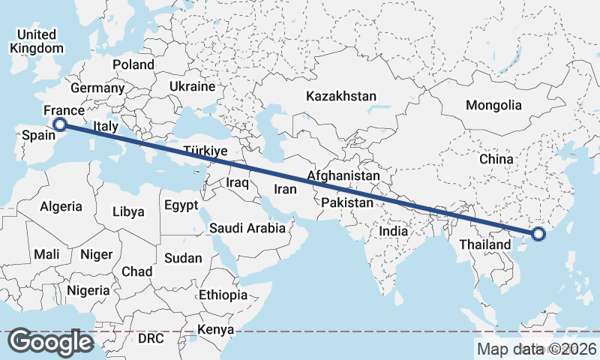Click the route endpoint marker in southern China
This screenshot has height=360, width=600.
pyautogui.click(x=538, y=234)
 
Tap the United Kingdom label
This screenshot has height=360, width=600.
pyautogui.click(x=37, y=41)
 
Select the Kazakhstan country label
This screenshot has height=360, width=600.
pyautogui.click(x=341, y=96)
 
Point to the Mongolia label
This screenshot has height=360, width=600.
pyautogui.click(x=493, y=105)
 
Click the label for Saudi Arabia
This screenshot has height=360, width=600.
pyautogui.click(x=247, y=228)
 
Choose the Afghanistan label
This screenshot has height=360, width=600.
pyautogui.click(x=343, y=175)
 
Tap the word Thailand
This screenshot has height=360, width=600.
pyautogui.click(x=484, y=244)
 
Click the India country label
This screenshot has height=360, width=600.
pyautogui.click(x=394, y=231)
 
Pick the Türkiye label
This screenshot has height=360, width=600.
pyautogui.click(x=205, y=151)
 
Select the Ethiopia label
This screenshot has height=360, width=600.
pyautogui.click(x=223, y=295)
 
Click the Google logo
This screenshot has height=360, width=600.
pyautogui.click(x=51, y=341)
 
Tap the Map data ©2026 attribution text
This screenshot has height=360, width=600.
pyautogui.click(x=536, y=349)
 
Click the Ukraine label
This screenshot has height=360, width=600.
pyautogui.click(x=192, y=87)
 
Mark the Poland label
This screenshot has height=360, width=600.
pyautogui.click(x=133, y=64)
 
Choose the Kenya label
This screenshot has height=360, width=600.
pyautogui.click(x=216, y=330)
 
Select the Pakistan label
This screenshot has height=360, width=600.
pyautogui.click(x=346, y=203)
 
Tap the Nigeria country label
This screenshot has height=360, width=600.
pyautogui.click(x=88, y=290)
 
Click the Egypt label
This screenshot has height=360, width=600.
pyautogui.click(x=181, y=205)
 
